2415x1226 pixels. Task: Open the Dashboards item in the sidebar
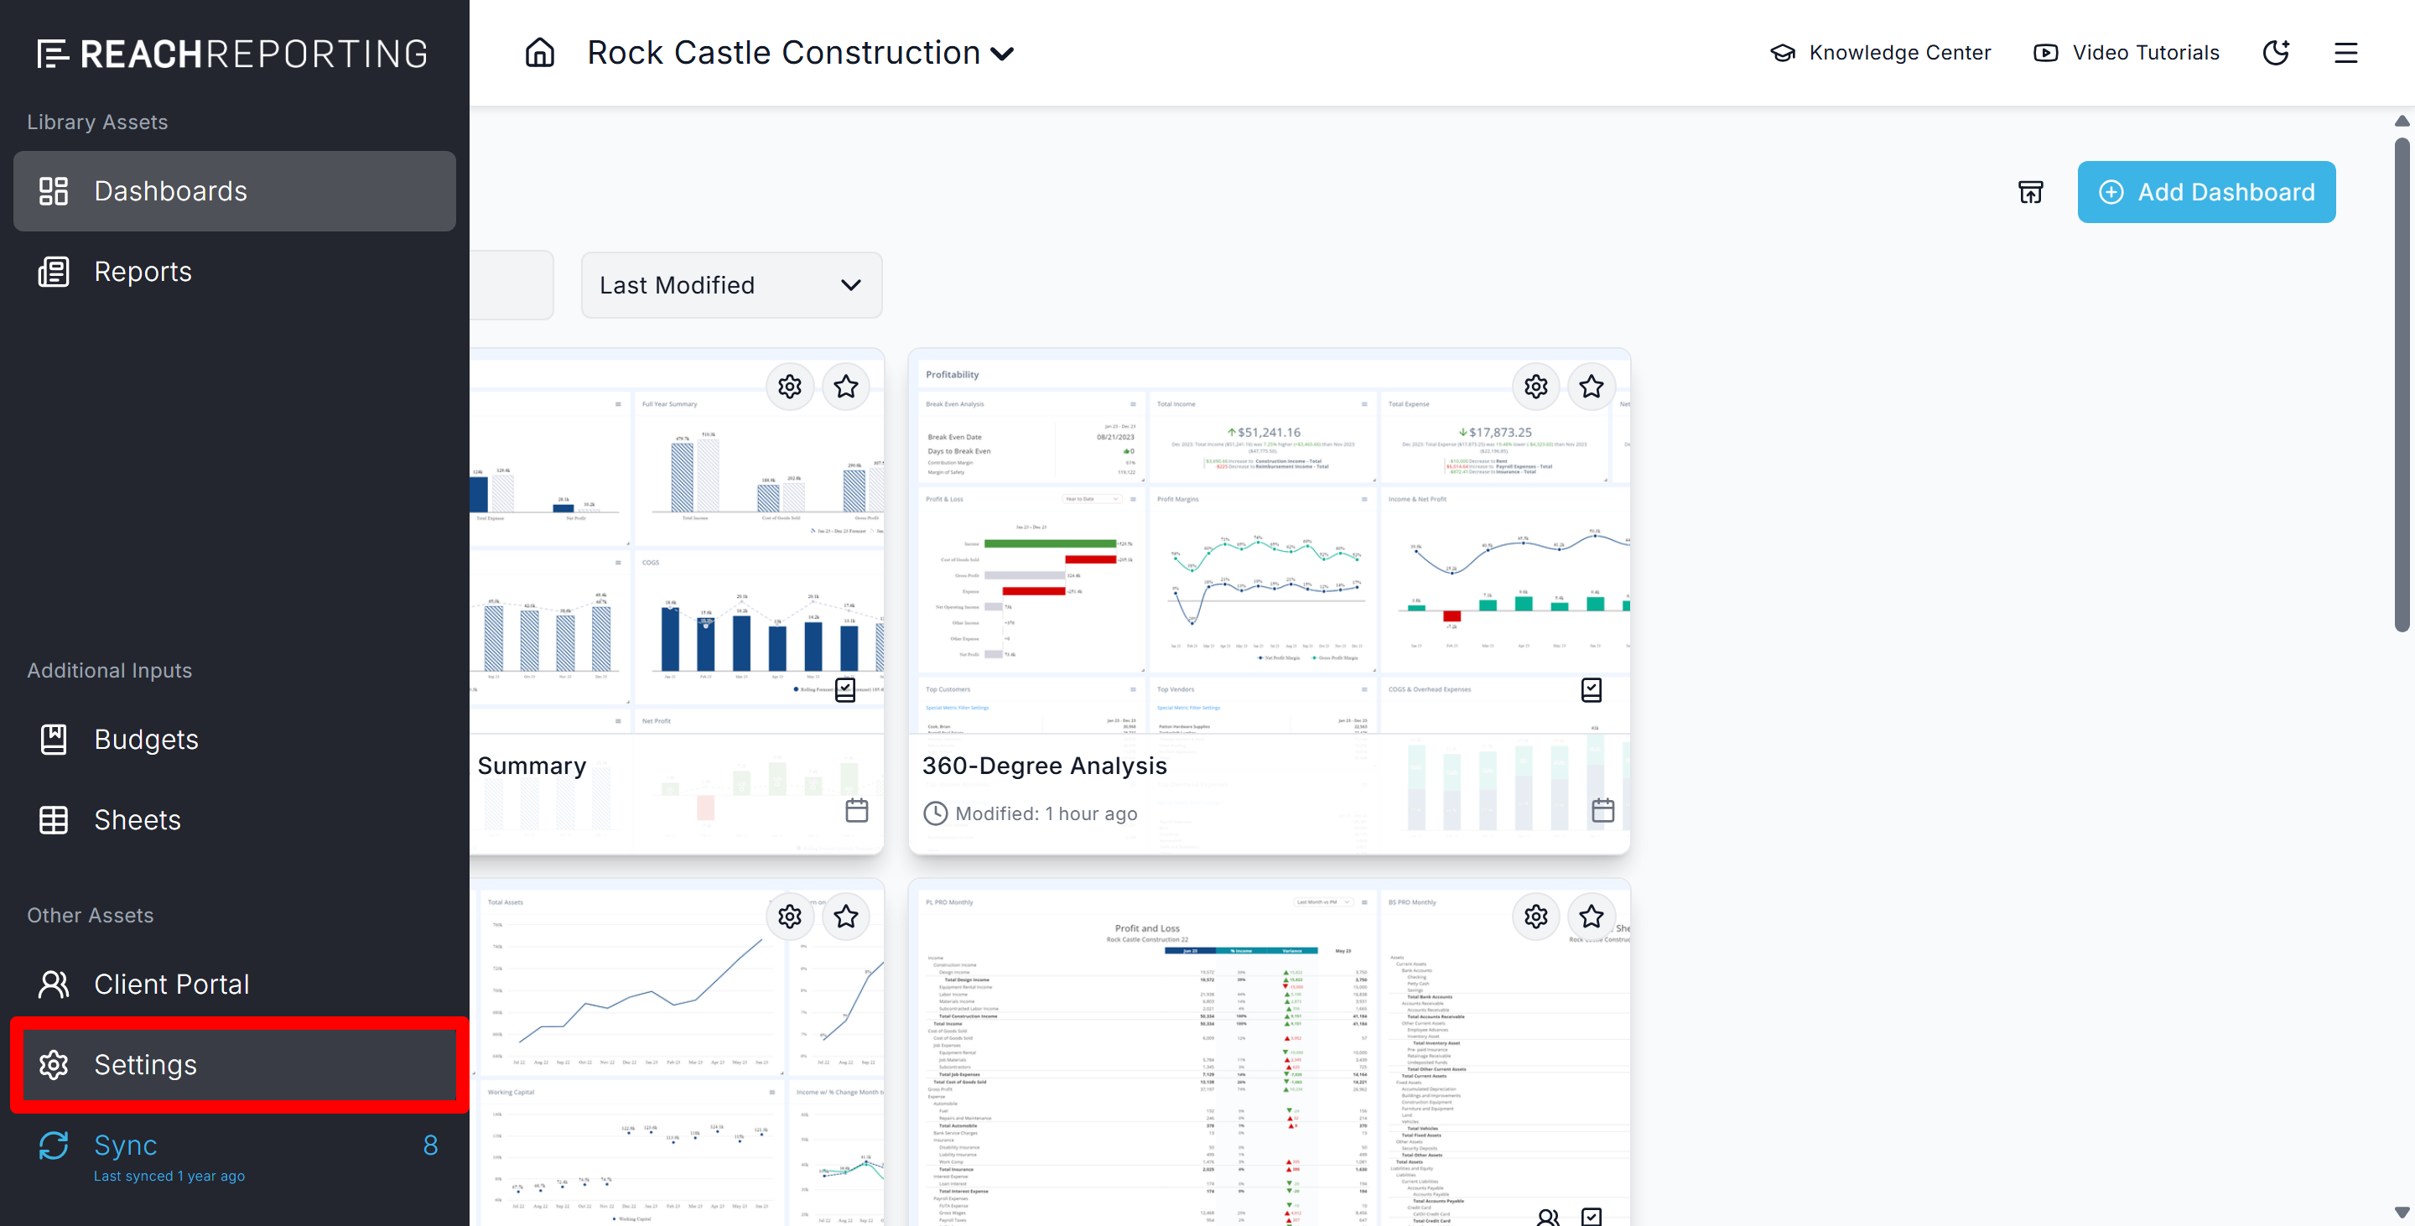pyautogui.click(x=169, y=191)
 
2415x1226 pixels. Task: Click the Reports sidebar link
pyautogui.click(x=143, y=272)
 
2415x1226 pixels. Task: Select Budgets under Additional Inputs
pyautogui.click(x=145, y=740)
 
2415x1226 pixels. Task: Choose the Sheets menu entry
pyautogui.click(x=137, y=820)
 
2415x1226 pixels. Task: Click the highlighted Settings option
pyautogui.click(x=145, y=1065)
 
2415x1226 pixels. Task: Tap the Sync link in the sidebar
pyautogui.click(x=126, y=1145)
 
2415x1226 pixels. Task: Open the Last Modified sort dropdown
pyautogui.click(x=730, y=285)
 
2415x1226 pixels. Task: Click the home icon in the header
pyautogui.click(x=540, y=53)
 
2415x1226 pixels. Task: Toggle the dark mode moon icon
pyautogui.click(x=2277, y=53)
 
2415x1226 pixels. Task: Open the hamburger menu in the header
pyautogui.click(x=2345, y=53)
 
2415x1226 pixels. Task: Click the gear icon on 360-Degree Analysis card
pyautogui.click(x=1535, y=387)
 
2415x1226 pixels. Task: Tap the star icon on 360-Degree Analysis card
pyautogui.click(x=1591, y=387)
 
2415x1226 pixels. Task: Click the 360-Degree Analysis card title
pyautogui.click(x=1044, y=766)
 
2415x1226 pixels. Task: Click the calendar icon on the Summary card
pyautogui.click(x=857, y=811)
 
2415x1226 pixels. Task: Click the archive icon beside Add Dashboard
pyautogui.click(x=2031, y=192)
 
